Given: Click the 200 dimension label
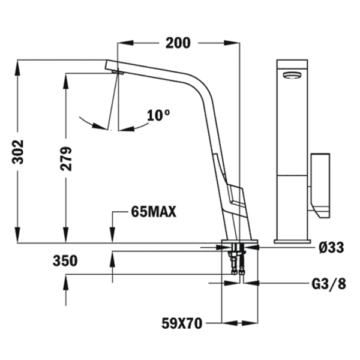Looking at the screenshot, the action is tap(178, 43).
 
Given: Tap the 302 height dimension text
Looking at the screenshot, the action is tap(17, 152).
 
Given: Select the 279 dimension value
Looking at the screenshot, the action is tap(66, 158).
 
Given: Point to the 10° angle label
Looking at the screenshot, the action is tap(158, 115).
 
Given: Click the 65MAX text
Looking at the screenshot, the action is tap(154, 211).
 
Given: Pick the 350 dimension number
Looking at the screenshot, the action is tap(65, 261).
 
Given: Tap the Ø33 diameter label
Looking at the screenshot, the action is tap(332, 247).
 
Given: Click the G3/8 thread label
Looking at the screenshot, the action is tap(329, 284).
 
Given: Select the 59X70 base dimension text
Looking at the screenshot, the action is tap(182, 323).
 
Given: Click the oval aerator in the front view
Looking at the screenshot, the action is tap(292, 75).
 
